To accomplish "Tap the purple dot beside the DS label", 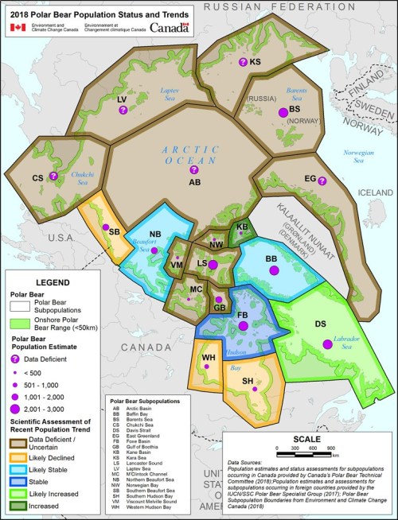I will tap(326, 343).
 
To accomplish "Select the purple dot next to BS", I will tap(281, 114).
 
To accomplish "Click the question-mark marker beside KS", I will tap(243, 62).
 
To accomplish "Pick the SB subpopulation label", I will tap(114, 231).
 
